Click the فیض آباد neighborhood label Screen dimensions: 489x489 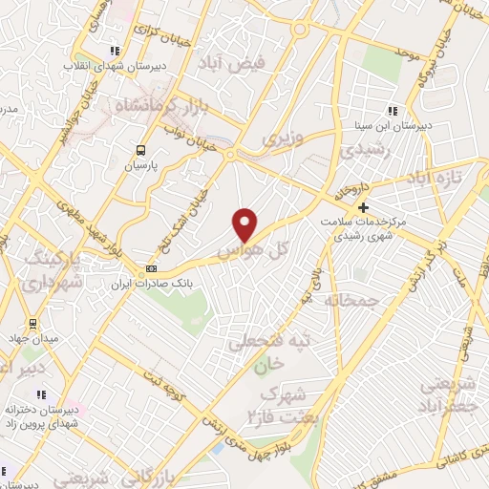tap(232, 63)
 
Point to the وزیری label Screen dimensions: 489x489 tap(282, 138)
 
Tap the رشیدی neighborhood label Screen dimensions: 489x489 tap(358, 150)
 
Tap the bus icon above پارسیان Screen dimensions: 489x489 tap(141, 149)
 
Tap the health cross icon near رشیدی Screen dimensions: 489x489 tap(363, 207)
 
